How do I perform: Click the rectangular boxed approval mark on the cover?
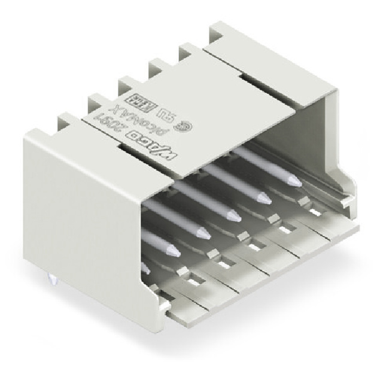133,98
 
